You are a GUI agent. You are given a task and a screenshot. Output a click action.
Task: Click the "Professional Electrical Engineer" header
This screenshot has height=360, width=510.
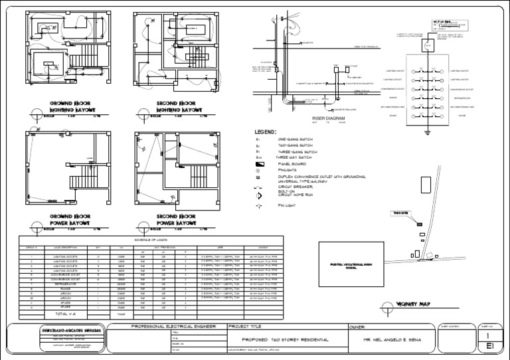[x=170, y=327]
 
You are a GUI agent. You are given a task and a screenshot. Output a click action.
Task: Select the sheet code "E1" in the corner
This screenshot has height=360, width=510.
[x=489, y=347]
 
